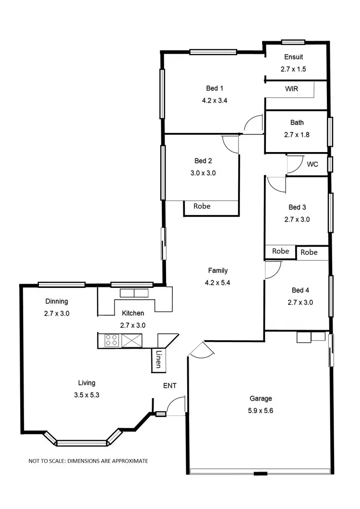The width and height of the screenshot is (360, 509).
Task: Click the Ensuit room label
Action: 293,57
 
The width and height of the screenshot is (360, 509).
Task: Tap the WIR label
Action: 292,89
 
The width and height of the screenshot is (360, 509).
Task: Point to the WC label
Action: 312,164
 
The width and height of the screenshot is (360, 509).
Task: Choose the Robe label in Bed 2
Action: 202,206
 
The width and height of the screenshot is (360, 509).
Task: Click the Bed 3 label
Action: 297,207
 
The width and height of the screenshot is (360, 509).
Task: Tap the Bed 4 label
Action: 300,290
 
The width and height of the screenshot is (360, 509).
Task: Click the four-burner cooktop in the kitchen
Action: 112,341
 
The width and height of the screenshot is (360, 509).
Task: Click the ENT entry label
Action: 169,385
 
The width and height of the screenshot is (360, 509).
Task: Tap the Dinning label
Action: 57,301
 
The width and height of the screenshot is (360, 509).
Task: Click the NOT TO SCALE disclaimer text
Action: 88,461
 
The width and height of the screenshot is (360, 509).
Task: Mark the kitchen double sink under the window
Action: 134,293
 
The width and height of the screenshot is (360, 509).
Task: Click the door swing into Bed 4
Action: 272,270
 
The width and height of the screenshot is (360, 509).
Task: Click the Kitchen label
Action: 133,313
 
